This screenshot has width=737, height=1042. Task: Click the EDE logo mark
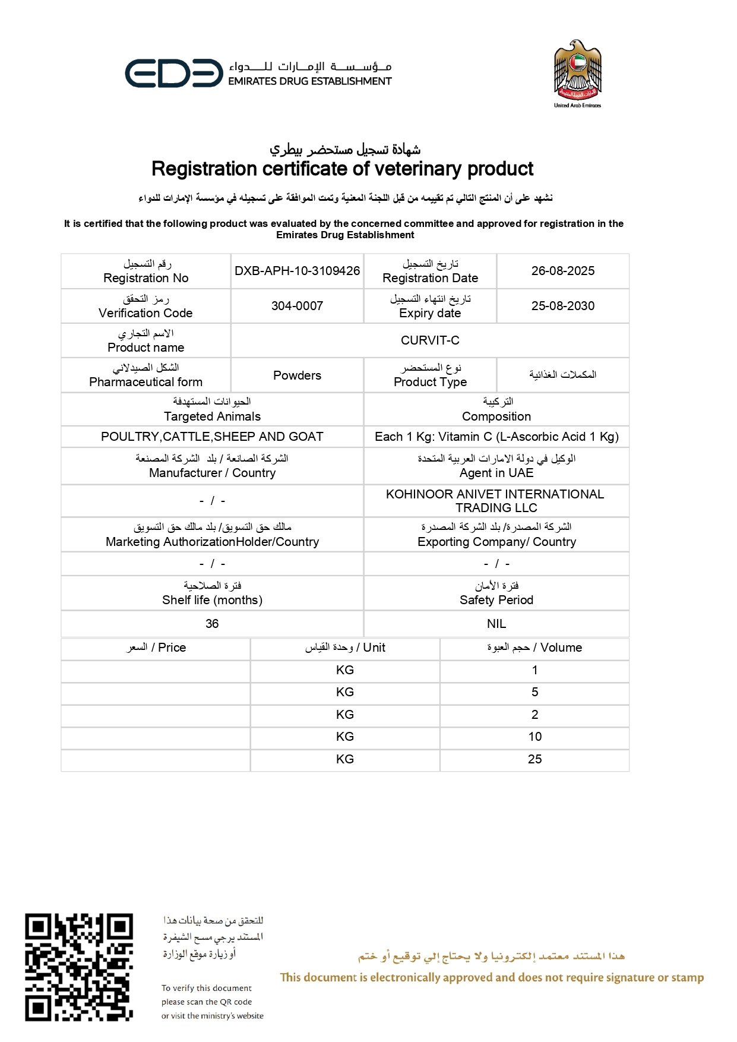tap(173, 74)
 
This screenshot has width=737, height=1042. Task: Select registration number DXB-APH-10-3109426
tap(297, 271)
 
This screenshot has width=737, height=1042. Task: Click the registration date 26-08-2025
tap(562, 271)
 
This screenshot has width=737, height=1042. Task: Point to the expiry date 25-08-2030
tap(562, 306)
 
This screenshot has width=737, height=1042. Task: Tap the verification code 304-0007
tap(297, 306)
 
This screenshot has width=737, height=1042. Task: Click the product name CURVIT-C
tap(429, 340)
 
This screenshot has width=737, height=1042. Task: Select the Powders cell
tap(297, 375)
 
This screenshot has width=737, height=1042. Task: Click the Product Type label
tap(430, 382)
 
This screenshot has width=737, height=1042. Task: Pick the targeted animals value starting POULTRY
tap(212, 437)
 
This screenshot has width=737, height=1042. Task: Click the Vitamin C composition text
tap(496, 437)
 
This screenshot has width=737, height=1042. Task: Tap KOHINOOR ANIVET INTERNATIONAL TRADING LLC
tap(495, 501)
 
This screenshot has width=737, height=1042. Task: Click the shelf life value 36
tap(212, 624)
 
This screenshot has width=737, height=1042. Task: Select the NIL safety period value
tap(496, 624)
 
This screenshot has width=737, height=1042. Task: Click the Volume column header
tap(534, 648)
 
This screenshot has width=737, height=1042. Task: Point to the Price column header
tap(156, 648)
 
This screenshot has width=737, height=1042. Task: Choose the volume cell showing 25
tap(534, 759)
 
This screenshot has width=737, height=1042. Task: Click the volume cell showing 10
tap(534, 737)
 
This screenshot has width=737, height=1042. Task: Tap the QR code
tap(78, 967)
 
